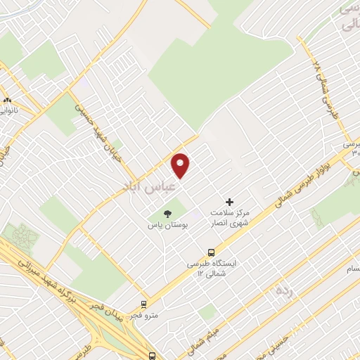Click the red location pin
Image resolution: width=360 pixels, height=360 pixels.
(x=181, y=165)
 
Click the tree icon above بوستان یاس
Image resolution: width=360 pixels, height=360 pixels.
(x=167, y=213)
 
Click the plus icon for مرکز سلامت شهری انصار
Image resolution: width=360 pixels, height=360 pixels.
(x=229, y=201)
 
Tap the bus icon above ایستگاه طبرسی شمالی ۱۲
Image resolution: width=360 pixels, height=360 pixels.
(x=211, y=252)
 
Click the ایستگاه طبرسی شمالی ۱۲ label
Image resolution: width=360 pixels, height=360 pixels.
(x=211, y=268)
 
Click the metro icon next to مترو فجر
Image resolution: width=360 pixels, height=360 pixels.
(x=144, y=305)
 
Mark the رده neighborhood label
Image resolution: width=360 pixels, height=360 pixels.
(x=284, y=290)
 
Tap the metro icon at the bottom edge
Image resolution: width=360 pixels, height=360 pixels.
(x=152, y=356)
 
